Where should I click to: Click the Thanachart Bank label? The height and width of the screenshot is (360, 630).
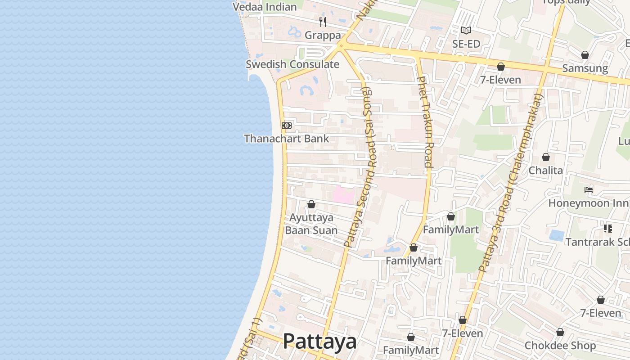(287, 139)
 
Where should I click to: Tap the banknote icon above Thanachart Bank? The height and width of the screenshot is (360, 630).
(287, 126)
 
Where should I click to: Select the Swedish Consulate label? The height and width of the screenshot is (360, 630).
(292, 64)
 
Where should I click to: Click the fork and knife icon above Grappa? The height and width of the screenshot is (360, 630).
(323, 22)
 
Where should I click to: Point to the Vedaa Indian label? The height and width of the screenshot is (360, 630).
(265, 7)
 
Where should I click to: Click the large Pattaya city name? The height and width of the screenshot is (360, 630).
(319, 342)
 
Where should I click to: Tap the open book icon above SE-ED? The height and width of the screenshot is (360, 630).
(466, 31)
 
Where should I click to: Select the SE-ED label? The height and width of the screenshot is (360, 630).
(466, 44)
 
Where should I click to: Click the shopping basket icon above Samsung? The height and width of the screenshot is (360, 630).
(585, 55)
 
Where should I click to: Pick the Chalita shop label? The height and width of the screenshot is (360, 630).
(545, 170)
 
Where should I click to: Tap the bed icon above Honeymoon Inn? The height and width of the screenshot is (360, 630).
(588, 189)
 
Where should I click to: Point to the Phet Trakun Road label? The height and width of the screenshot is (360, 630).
(425, 121)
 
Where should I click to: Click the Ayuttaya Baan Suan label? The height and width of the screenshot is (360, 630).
(311, 224)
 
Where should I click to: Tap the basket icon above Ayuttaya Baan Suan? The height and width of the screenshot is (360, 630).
(311, 205)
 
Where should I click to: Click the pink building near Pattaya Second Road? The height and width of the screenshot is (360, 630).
(343, 195)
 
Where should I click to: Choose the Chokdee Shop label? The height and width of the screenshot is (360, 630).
(560, 346)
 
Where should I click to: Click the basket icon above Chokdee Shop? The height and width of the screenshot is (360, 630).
(560, 332)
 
